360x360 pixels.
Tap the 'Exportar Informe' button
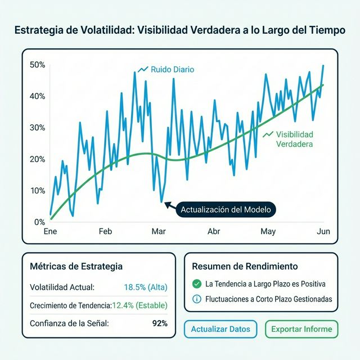(301, 328)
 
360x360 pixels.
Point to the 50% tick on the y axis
(37, 65)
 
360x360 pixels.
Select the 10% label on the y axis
(37, 190)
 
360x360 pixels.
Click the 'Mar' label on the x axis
(158, 231)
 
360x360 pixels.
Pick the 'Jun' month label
(323, 231)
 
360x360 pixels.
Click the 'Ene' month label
(51, 231)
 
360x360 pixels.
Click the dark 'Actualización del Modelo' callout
(226, 209)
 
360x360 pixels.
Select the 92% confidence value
(160, 323)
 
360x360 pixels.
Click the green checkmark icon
(196, 284)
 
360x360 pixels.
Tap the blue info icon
(196, 299)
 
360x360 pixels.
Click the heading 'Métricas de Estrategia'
(76, 266)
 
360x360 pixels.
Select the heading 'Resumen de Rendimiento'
(245, 266)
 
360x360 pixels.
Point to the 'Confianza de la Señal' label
(69, 323)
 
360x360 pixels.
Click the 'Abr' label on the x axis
(214, 231)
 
